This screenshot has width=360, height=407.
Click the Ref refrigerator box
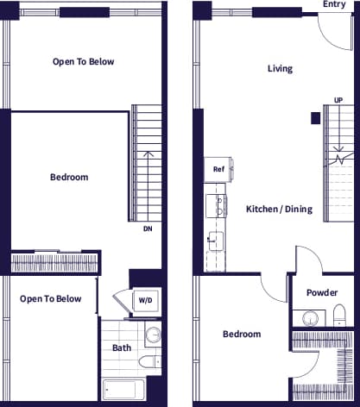[x=218, y=170]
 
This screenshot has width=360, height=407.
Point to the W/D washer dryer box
[x=144, y=300]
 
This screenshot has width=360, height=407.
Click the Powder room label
[x=321, y=292]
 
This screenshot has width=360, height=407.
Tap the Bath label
[x=122, y=348]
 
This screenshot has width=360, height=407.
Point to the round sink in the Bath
[x=153, y=334]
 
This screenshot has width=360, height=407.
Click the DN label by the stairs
[x=148, y=229]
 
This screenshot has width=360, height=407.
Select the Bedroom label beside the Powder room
[x=242, y=334]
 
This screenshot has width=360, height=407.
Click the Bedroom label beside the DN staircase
[x=69, y=177]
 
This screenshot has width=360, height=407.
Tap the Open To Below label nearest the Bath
[x=51, y=299]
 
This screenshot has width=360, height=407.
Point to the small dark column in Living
[x=317, y=117]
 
